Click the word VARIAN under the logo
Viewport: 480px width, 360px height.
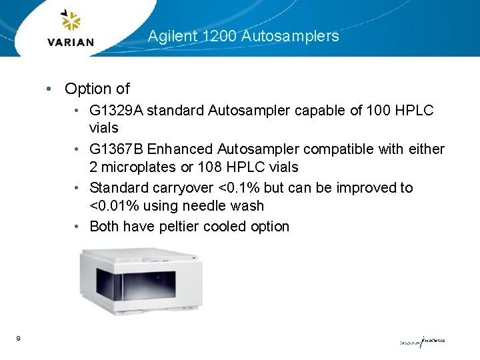(71, 43)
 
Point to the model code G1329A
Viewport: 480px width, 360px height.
(116, 110)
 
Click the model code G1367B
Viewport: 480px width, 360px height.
(116, 149)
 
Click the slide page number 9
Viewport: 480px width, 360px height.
(18, 339)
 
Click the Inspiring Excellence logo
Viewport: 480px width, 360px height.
(422, 341)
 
